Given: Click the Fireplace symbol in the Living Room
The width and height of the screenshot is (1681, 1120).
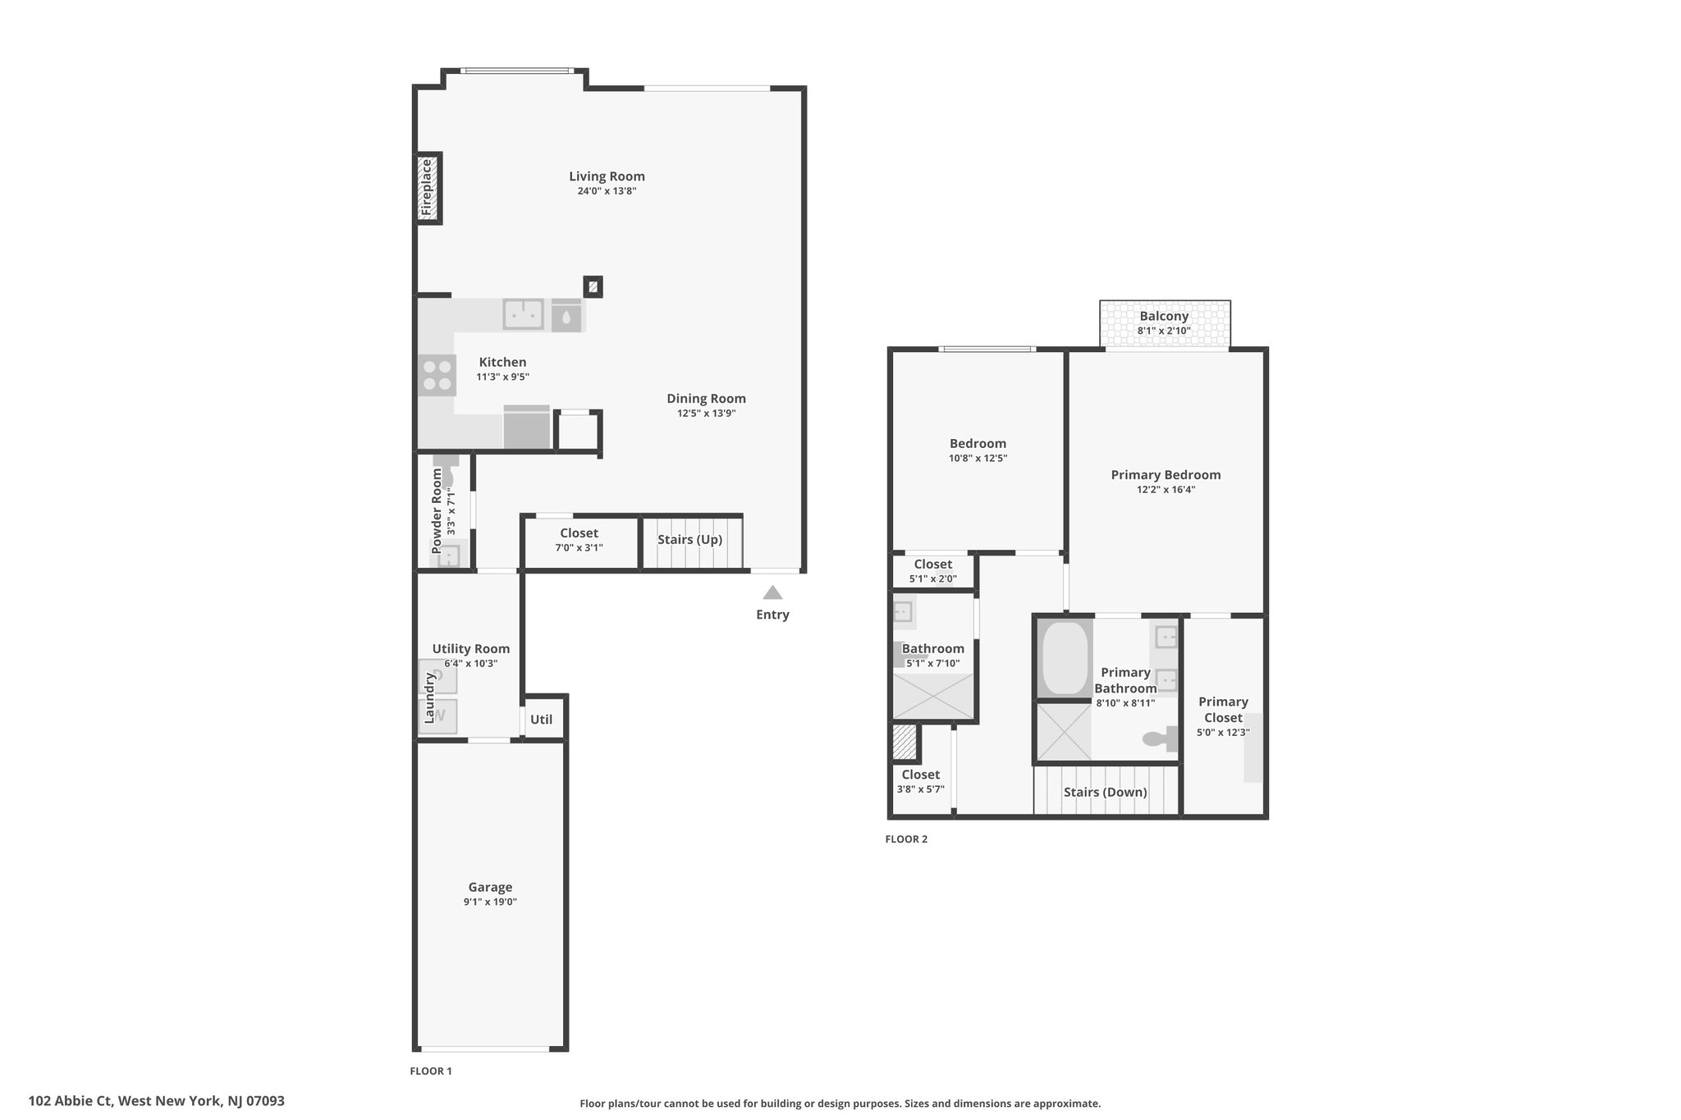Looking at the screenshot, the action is pyautogui.click(x=428, y=188).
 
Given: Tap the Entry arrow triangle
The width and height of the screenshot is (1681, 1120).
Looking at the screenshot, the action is pyautogui.click(x=772, y=592).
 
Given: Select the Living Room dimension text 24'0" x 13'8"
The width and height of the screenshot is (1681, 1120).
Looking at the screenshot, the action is pyautogui.click(x=607, y=191).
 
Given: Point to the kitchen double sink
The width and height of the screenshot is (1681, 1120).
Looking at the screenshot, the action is pyautogui.click(x=523, y=314).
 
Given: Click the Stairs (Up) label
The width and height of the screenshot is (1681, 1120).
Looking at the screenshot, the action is pyautogui.click(x=689, y=540).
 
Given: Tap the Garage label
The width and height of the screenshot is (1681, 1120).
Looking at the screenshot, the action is pyautogui.click(x=490, y=887).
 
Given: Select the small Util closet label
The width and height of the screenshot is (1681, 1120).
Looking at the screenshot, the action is pyautogui.click(x=541, y=720).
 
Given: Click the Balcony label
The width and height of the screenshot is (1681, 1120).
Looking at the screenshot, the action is pyautogui.click(x=1164, y=316).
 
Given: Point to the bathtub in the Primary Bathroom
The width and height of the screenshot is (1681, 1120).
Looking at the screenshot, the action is pyautogui.click(x=1065, y=658).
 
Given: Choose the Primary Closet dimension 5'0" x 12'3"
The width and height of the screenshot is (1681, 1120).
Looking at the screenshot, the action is pyautogui.click(x=1223, y=733).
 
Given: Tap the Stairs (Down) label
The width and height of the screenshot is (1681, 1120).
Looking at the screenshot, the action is pyautogui.click(x=1105, y=793).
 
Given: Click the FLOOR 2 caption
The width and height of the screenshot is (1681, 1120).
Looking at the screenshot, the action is pyautogui.click(x=906, y=839).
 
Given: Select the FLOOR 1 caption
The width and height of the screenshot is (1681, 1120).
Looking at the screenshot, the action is pyautogui.click(x=431, y=1071).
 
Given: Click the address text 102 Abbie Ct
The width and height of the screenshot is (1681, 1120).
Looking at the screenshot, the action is pyautogui.click(x=71, y=1101).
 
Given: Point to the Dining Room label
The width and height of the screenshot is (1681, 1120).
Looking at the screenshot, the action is pyautogui.click(x=706, y=399).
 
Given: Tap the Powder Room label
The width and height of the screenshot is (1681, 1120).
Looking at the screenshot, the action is pyautogui.click(x=437, y=511).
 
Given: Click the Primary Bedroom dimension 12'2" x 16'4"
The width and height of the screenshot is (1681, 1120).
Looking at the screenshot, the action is pyautogui.click(x=1166, y=490).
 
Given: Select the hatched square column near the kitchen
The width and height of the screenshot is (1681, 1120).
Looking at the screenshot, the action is pyautogui.click(x=593, y=287).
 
